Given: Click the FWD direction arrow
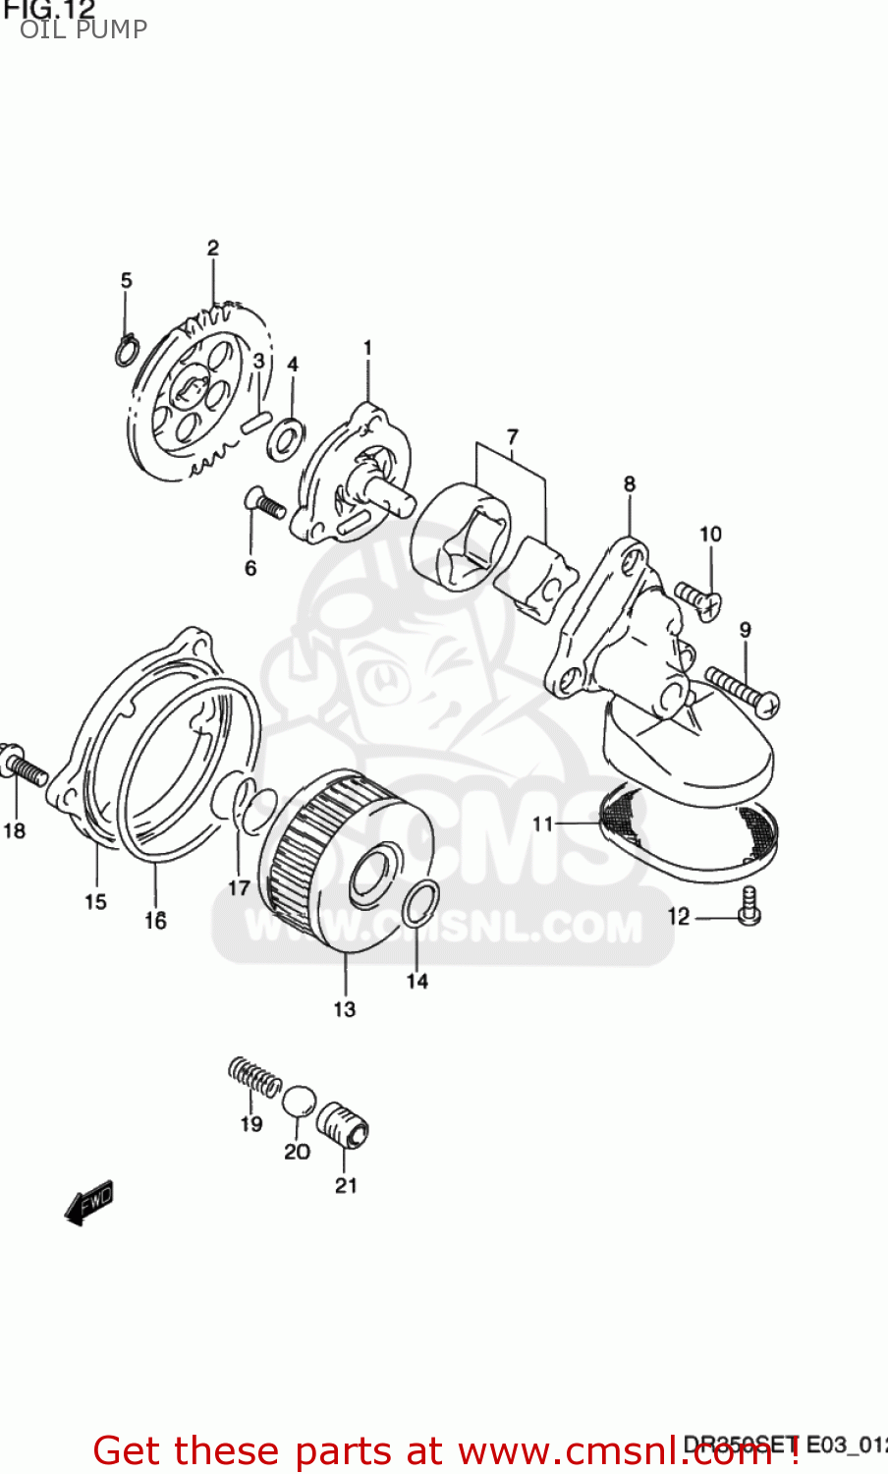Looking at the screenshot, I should [88, 1203].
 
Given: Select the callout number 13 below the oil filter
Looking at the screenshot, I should [344, 1009].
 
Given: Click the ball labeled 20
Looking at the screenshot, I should [299, 1101].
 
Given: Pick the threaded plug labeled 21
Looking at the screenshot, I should [342, 1124].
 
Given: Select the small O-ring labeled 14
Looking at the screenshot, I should [419, 904].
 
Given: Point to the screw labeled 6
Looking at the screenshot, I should [263, 504].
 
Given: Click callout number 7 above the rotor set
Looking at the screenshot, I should [512, 436].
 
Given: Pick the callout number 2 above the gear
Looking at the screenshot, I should [213, 249].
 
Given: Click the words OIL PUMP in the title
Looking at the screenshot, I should [83, 29].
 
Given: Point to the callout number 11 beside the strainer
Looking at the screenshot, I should [543, 823].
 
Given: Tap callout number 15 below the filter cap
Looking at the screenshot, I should [95, 901].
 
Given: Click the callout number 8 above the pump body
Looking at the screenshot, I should [630, 483].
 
